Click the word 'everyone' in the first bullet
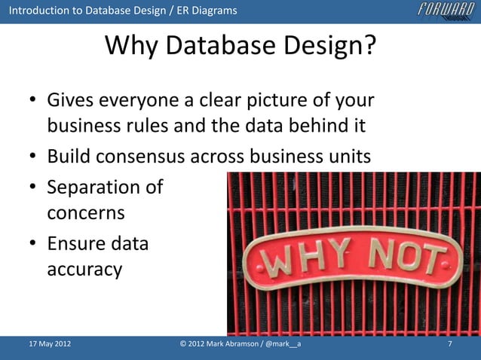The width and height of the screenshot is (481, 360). click(142, 101)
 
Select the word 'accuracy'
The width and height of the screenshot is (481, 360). click(84, 270)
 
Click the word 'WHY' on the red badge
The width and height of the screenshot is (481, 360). click(302, 260)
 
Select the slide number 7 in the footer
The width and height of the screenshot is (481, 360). click(449, 345)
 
